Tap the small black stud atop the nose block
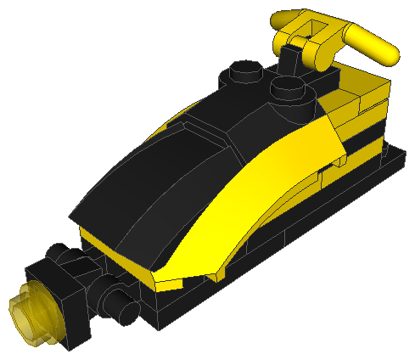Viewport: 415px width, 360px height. pyautogui.click(x=58, y=254)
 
